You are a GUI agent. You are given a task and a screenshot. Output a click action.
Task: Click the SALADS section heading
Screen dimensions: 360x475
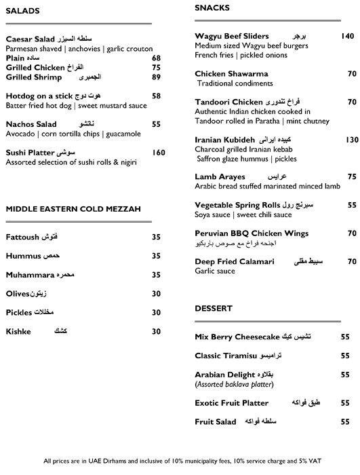[x=22, y=10]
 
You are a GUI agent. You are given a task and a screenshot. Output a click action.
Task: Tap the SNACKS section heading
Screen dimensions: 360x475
[x=212, y=8]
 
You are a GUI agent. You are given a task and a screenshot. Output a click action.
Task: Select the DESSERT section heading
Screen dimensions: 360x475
[x=214, y=309]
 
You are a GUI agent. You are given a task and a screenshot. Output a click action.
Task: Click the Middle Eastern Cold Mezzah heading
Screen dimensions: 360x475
[x=73, y=209]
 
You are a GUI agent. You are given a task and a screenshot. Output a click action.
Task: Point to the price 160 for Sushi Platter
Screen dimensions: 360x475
[x=158, y=153]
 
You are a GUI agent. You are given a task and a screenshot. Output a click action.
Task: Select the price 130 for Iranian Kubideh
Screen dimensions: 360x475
[x=351, y=139]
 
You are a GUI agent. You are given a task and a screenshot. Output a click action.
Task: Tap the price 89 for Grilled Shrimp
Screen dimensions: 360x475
[x=156, y=77]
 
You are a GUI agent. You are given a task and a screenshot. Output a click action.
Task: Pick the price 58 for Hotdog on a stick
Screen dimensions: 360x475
[x=156, y=96]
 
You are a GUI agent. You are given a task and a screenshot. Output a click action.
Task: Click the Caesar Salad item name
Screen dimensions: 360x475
[x=30, y=39]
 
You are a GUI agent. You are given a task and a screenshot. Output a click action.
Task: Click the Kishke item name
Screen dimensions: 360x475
[x=19, y=331]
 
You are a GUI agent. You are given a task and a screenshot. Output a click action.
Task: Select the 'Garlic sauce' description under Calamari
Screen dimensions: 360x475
[x=214, y=271]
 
